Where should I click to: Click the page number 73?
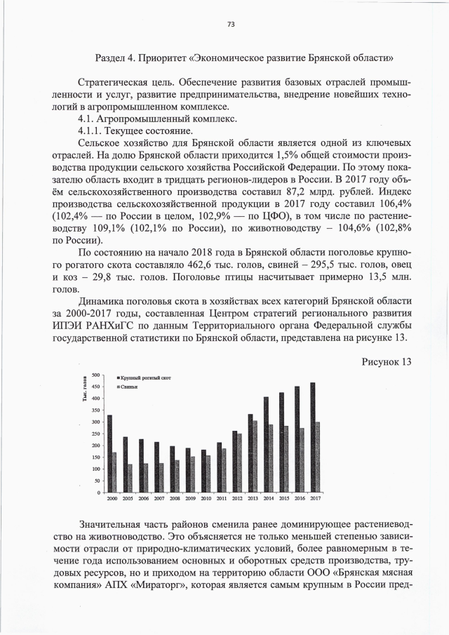click(230, 25)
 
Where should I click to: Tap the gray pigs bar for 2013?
click(255, 456)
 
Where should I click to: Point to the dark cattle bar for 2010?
click(203, 471)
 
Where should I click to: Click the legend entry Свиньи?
click(129, 387)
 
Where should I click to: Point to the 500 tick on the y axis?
click(95, 375)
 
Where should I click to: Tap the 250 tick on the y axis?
click(95, 434)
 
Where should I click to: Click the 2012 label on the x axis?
click(237, 497)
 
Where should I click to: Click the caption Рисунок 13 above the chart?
click(386, 362)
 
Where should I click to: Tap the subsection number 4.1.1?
click(92, 131)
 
